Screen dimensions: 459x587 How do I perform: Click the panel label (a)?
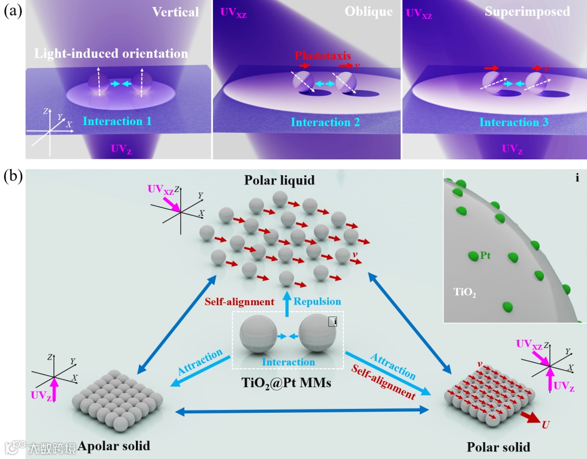13,11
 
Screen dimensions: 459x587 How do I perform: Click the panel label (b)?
13,177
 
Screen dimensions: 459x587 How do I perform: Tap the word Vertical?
176,11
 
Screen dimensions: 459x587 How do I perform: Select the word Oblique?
368,11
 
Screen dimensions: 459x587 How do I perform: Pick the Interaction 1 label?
117,122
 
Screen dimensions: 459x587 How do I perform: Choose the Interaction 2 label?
325,122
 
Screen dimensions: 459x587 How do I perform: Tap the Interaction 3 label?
514,122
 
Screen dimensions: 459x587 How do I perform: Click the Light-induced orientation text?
111,53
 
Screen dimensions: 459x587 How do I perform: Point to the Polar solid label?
498,448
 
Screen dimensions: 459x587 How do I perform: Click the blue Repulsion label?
318,301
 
